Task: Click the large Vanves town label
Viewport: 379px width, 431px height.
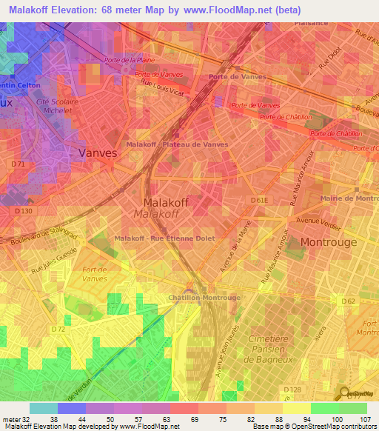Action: pyautogui.click(x=98, y=153)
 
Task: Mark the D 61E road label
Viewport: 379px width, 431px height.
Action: pyautogui.click(x=258, y=200)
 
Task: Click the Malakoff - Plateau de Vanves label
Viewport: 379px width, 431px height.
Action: pyautogui.click(x=177, y=144)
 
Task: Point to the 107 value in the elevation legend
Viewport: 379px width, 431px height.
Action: pyautogui.click(x=365, y=419)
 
